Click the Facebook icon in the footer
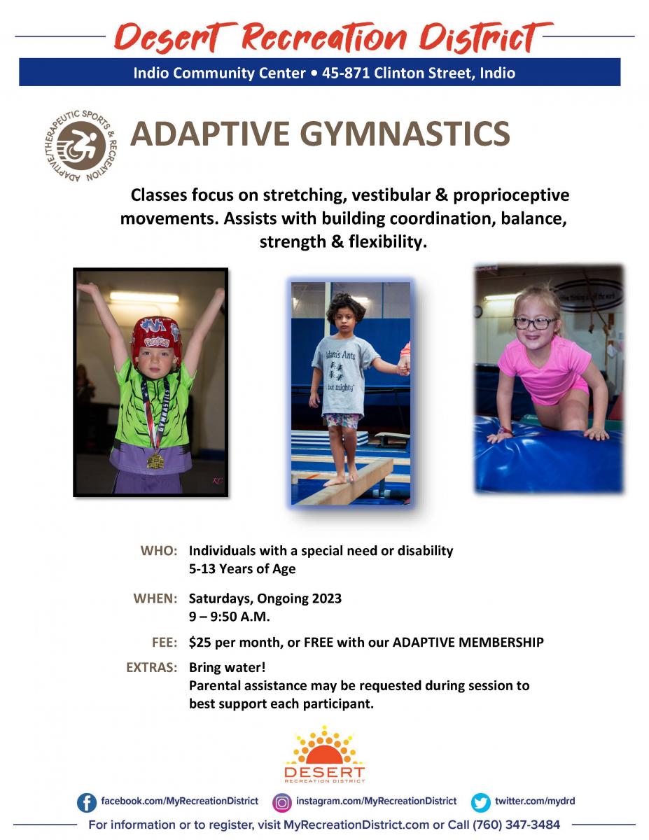tap(87, 802)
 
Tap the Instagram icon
tap(281, 802)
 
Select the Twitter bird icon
tap(480, 802)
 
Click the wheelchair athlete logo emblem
tap(81, 146)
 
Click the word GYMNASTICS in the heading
tap(405, 134)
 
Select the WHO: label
tap(159, 550)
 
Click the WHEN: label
tap(155, 598)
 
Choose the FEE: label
tap(165, 642)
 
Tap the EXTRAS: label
tap(152, 667)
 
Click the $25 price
tap(200, 642)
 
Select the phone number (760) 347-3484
tap(516, 825)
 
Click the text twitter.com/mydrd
tap(535, 801)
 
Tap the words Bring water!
tap(227, 667)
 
